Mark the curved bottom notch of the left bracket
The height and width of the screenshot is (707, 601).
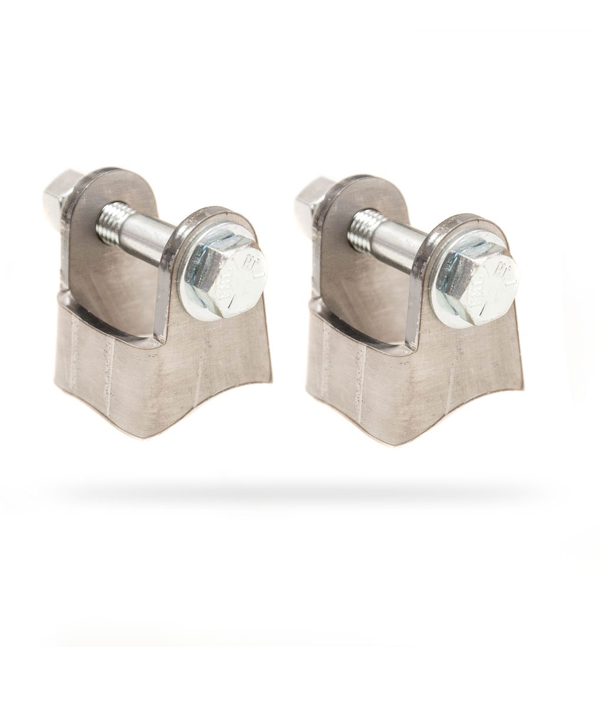pos(171,427)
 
